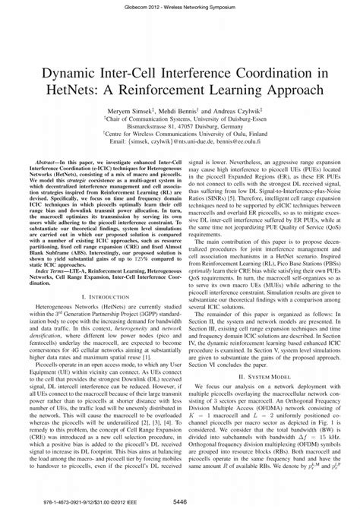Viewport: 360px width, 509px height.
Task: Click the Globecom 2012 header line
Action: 180,5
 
